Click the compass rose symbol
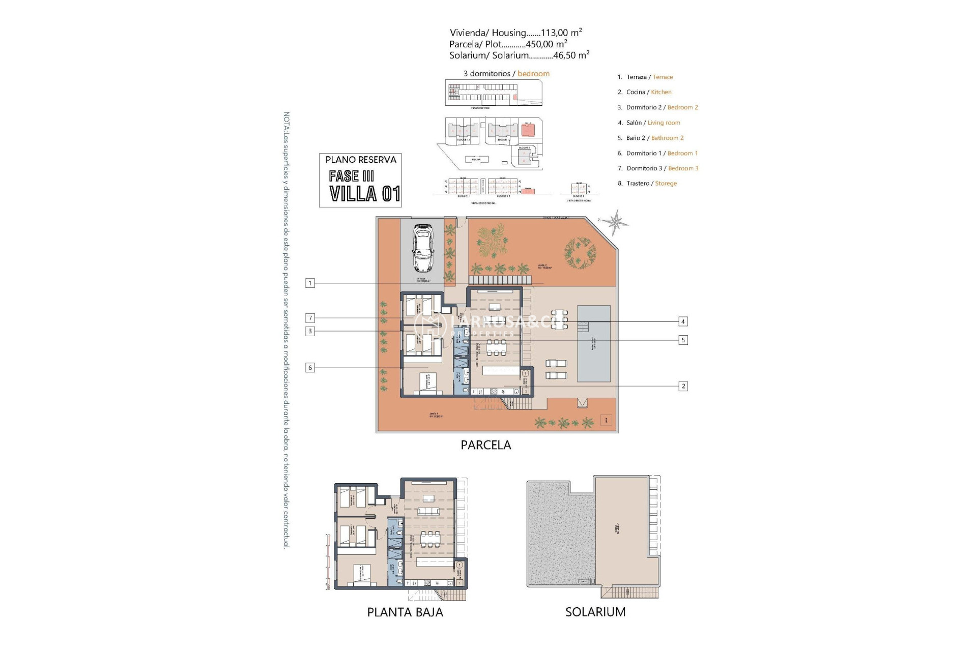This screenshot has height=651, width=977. (617, 222)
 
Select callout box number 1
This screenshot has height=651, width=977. (310, 283)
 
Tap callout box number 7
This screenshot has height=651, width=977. (310, 318)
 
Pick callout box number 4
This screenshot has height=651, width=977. (683, 321)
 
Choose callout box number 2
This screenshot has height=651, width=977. (683, 387)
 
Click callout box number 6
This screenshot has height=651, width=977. (310, 368)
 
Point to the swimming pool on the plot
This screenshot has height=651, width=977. (593, 344)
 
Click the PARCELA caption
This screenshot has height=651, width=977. (485, 445)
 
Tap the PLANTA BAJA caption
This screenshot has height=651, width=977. (405, 612)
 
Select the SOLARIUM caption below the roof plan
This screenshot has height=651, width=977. (595, 612)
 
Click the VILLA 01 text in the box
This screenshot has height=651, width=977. (364, 194)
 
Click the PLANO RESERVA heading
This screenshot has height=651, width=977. (361, 160)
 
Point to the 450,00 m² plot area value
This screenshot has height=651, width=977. (547, 44)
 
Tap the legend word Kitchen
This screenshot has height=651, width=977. (661, 92)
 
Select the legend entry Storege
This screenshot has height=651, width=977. (666, 184)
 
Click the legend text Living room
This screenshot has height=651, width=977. (664, 123)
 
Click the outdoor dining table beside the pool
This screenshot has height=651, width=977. (559, 319)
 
